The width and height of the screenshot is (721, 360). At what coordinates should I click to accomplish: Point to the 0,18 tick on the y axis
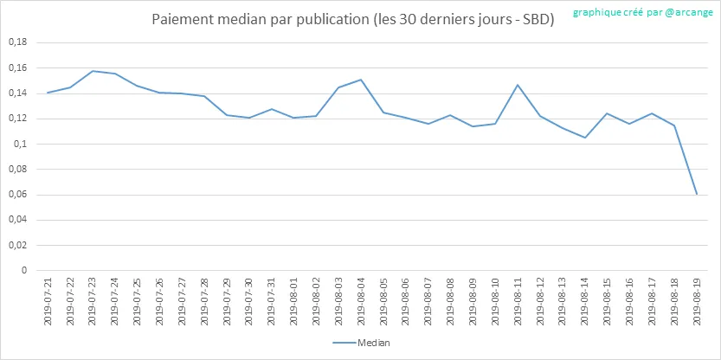[16, 42]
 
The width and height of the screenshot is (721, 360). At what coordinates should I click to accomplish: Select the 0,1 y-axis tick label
[19, 144]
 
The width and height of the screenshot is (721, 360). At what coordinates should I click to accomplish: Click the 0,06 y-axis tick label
[16, 195]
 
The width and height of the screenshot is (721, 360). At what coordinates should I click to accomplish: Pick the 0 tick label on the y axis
[24, 270]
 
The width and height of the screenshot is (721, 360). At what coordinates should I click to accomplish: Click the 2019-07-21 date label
[48, 299]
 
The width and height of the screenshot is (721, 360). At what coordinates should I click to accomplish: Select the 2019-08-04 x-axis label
[361, 299]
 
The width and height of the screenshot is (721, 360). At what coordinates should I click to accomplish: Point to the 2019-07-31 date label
[272, 299]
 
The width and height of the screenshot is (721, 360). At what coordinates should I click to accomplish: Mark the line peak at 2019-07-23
[93, 71]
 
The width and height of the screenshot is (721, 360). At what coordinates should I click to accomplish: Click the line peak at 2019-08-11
[518, 85]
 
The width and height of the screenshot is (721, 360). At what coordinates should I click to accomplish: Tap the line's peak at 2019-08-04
[361, 80]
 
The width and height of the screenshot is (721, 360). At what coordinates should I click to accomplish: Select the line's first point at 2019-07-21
[48, 93]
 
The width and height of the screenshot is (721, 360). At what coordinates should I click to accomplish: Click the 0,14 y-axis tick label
[16, 93]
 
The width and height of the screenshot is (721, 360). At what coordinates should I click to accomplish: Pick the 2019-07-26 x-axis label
[159, 299]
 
